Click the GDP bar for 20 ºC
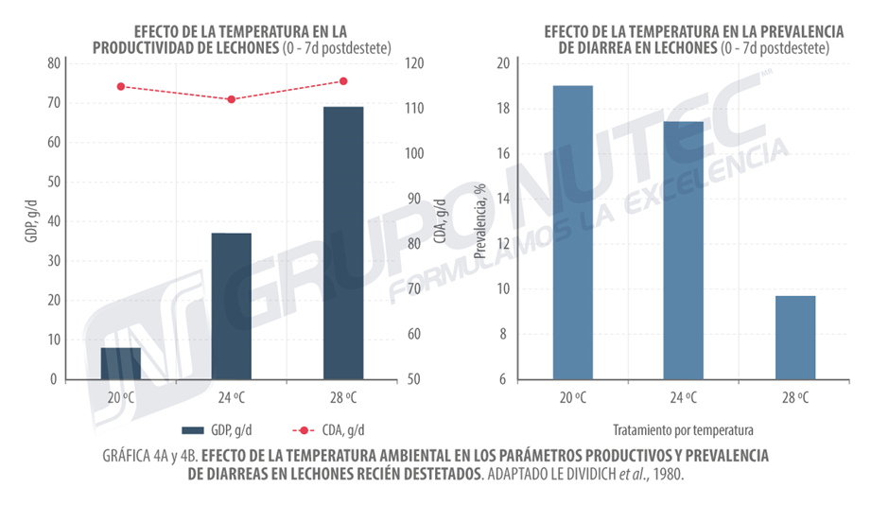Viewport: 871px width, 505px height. click(121, 363)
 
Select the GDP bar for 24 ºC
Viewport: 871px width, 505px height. click(231, 305)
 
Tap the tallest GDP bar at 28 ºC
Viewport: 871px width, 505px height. click(343, 243)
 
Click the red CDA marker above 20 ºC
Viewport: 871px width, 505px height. click(121, 86)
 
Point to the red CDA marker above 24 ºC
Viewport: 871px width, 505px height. click(231, 99)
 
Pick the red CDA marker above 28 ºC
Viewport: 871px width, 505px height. click(343, 81)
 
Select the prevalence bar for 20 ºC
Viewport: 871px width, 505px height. click(573, 232)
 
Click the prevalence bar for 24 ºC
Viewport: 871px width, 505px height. click(684, 251)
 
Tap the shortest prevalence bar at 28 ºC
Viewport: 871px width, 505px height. click(795, 338)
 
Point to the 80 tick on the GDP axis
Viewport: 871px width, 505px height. click(53, 63)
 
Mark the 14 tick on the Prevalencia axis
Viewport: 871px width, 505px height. click(503, 199)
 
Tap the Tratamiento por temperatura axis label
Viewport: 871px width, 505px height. click(684, 428)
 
